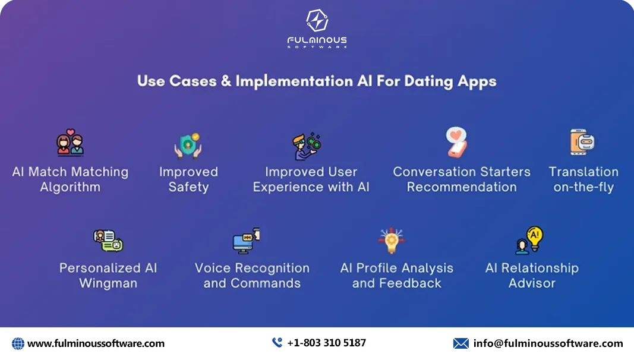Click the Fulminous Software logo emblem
pyautogui.click(x=317, y=21)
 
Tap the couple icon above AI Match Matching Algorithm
pyautogui.click(x=70, y=143)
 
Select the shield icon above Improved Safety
pyautogui.click(x=188, y=145)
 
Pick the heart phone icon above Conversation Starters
pyautogui.click(x=456, y=143)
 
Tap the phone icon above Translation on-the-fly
pyautogui.click(x=581, y=143)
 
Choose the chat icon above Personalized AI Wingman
pyautogui.click(x=108, y=240)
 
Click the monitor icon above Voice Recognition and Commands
pyautogui.click(x=245, y=240)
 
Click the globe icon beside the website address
pyautogui.click(x=18, y=343)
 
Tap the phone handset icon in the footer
pyautogui.click(x=277, y=343)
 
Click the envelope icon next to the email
pyautogui.click(x=460, y=343)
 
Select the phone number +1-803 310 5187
pyautogui.click(x=326, y=343)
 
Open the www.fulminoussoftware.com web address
pyautogui.click(x=96, y=343)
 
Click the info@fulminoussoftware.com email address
pyautogui.click(x=548, y=343)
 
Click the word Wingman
pyautogui.click(x=108, y=283)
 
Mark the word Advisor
pyautogui.click(x=532, y=283)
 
